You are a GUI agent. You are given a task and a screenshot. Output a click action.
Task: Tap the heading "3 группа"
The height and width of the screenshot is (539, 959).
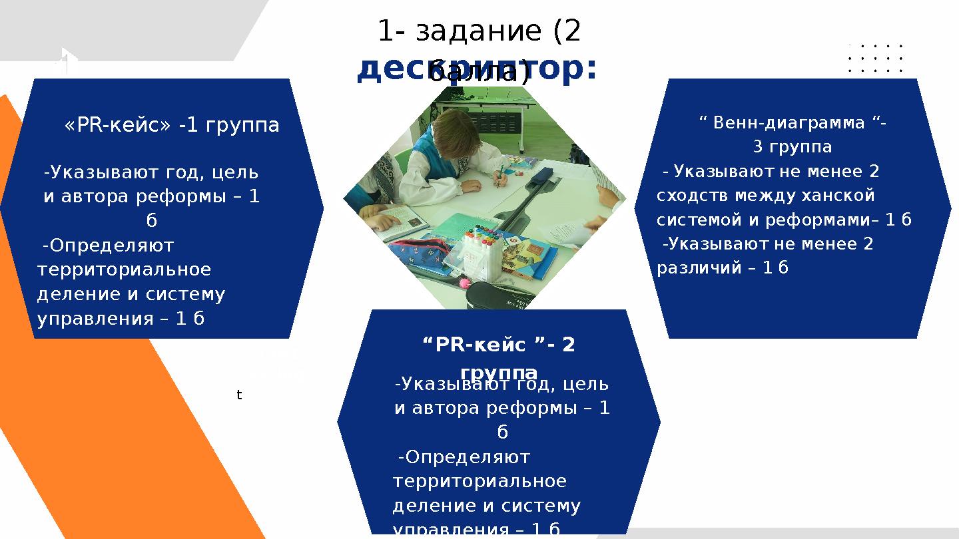792,146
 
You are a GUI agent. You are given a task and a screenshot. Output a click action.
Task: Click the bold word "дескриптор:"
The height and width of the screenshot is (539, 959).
477,71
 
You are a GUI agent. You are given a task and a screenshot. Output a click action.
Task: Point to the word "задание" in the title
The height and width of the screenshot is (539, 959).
479,31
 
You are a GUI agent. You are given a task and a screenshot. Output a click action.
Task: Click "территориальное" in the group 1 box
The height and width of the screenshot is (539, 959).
125,269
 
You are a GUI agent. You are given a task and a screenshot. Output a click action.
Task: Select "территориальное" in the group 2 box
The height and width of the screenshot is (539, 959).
479,481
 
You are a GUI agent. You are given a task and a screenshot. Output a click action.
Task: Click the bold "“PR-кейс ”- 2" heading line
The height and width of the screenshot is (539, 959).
499,345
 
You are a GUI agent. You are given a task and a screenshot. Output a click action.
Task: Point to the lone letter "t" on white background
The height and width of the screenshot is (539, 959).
240,395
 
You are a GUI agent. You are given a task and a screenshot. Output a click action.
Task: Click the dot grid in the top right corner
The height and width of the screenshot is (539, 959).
875,59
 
